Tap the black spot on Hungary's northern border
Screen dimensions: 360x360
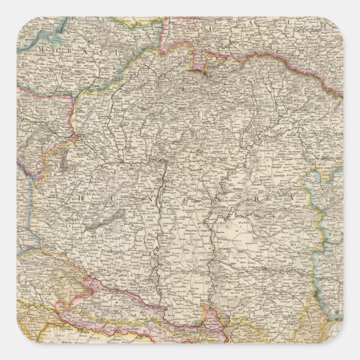(x=205, y=72)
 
